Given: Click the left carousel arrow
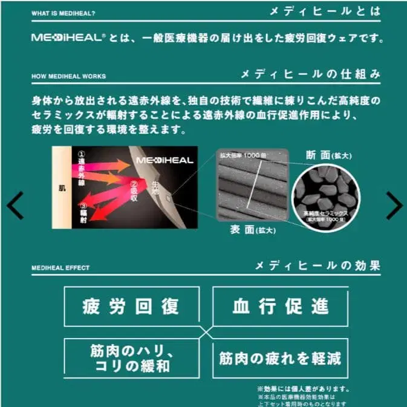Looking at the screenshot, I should [x=15, y=206].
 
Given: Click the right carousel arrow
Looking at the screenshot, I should [x=394, y=206].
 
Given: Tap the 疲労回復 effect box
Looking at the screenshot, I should [x=131, y=306].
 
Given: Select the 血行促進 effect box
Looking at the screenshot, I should [x=280, y=306].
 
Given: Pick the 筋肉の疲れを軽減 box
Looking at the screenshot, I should [x=280, y=358].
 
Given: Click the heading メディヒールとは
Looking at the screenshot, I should [x=326, y=11].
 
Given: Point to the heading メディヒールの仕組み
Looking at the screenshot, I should [x=310, y=75].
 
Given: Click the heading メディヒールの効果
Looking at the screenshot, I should [x=317, y=265].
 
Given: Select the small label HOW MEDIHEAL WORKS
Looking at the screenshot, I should [x=68, y=77].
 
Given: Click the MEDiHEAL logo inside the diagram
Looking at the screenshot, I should [x=164, y=160].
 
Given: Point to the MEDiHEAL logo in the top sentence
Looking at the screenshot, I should [x=68, y=38].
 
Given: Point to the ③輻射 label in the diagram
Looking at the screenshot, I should [x=84, y=212].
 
